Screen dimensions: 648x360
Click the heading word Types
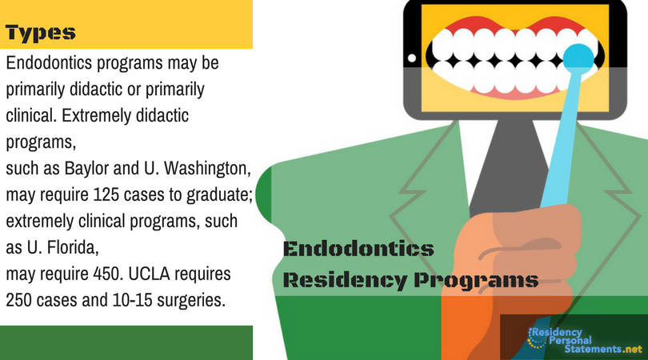pos(41,33)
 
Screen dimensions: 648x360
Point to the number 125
pos(106,194)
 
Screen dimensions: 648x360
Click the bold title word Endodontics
pos(358,249)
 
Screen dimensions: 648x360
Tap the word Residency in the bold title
pos(346,281)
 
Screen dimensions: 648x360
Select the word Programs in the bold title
pos(476,281)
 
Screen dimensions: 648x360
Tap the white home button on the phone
pos(412,58)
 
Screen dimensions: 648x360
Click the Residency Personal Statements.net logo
pos(585,341)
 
